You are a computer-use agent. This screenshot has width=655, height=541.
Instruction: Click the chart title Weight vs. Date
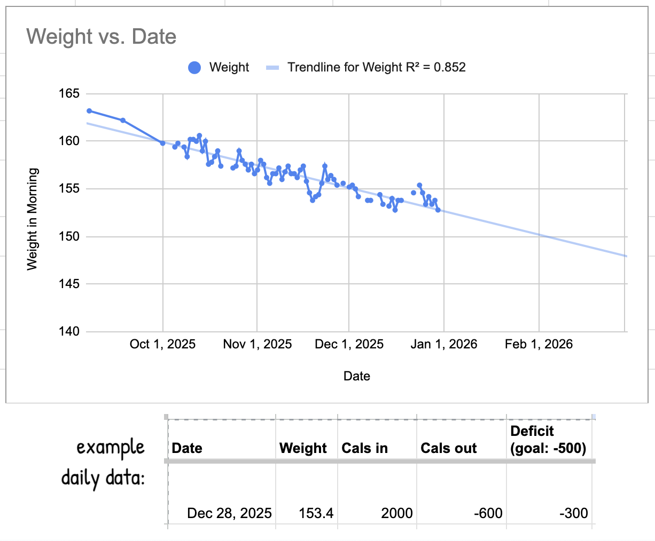coord(101,37)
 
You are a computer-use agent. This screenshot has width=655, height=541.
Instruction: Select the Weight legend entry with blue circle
coord(219,67)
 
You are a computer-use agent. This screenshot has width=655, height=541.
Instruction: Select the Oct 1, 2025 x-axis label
coord(162,344)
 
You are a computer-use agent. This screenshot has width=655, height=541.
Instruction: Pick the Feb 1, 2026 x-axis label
coord(539,344)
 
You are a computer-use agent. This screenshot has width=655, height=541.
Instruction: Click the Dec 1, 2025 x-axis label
coord(349,344)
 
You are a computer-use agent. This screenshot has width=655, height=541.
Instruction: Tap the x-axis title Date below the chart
coord(356,376)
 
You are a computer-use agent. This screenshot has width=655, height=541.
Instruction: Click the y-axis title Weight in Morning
coord(33,219)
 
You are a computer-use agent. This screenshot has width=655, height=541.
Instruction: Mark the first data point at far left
coord(89,111)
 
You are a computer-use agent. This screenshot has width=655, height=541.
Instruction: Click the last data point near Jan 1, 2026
coord(438,210)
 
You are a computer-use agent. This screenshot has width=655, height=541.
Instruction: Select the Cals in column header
coord(364,448)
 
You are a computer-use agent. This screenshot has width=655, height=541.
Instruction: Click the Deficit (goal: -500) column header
coord(548,440)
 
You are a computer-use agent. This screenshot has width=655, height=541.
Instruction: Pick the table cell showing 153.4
coord(316,513)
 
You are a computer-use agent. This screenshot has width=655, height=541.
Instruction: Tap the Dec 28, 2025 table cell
coord(229,513)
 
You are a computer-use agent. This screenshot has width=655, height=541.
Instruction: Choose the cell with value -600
coord(488,513)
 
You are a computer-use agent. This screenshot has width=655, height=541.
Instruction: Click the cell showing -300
coord(573,513)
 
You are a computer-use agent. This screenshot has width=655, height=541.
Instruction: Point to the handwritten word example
coord(111,447)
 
